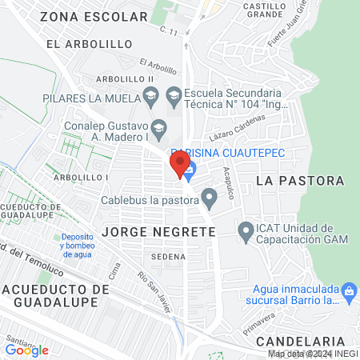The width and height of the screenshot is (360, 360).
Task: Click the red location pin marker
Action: (x=178, y=164)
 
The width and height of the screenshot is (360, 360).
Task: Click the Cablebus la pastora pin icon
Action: (x=210, y=196)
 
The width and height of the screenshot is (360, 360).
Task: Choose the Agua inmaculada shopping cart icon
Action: (x=349, y=294)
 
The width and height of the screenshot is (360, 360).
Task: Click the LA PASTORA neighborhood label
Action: (x=300, y=181)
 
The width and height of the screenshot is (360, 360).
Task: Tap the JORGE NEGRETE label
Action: (x=159, y=231)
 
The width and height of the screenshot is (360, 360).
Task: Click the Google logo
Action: (x=26, y=350)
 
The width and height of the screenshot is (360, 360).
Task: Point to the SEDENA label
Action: (x=166, y=256)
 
